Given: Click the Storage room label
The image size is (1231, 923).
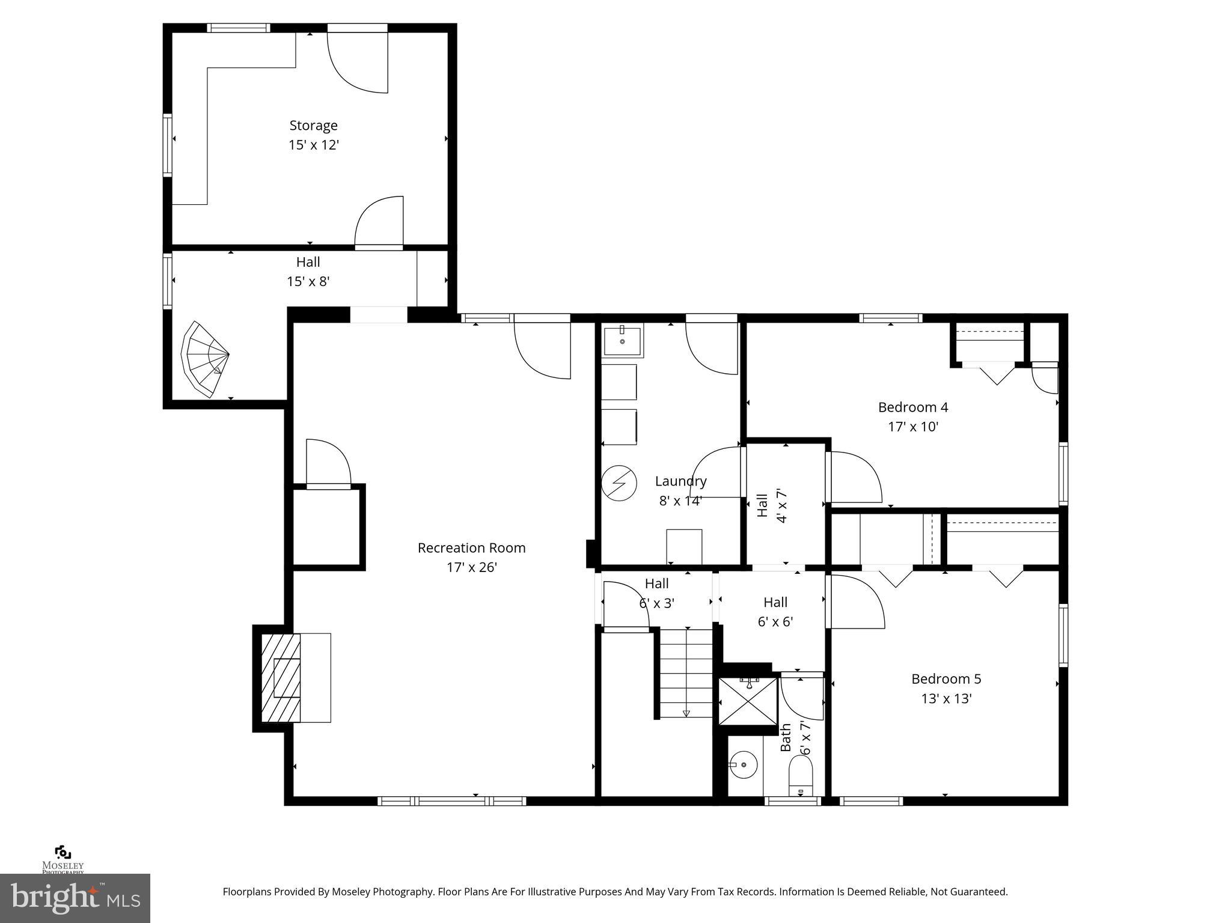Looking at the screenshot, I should click(x=313, y=126).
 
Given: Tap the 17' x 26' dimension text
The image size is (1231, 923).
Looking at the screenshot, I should click(x=471, y=567).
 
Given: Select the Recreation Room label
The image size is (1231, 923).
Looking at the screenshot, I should click(x=471, y=548).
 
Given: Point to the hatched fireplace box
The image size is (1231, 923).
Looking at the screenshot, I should click(x=281, y=677).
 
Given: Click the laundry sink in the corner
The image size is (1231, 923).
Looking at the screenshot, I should click(x=622, y=341).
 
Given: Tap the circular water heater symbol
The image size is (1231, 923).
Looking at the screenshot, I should click(x=619, y=484).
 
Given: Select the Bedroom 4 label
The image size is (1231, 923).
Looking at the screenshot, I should click(x=912, y=407).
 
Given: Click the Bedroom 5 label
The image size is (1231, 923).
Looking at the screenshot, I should click(x=945, y=679).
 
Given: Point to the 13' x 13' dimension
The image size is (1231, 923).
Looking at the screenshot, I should click(x=945, y=699).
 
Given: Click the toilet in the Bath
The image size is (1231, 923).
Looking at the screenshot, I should click(x=800, y=775).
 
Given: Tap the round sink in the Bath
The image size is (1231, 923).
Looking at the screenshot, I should click(x=744, y=765).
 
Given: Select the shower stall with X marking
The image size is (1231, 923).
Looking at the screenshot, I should click(x=748, y=701).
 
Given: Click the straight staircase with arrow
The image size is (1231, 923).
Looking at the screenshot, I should click(x=686, y=673).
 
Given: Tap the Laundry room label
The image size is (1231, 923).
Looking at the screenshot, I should click(x=680, y=481).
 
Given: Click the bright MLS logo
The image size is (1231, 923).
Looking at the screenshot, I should click(x=75, y=898).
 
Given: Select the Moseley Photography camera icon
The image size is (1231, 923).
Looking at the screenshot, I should click(x=63, y=853).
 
